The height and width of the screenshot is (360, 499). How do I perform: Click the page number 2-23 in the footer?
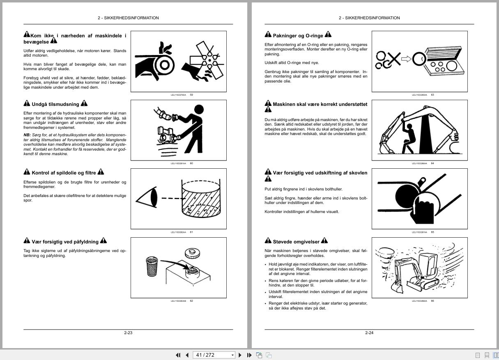click(x=128, y=332)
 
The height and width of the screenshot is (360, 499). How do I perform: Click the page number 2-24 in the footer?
click(x=369, y=332)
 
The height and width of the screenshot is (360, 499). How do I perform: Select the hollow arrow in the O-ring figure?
click(x=406, y=59)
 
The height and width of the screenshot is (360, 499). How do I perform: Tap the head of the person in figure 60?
click(x=198, y=110)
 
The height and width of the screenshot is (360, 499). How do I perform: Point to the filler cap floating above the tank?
click(x=192, y=253)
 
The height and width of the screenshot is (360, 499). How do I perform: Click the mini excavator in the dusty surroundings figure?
click(x=419, y=271)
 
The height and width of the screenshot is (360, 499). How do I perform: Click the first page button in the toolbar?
click(x=178, y=355)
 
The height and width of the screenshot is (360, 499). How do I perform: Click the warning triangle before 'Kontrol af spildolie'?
click(x=27, y=172)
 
